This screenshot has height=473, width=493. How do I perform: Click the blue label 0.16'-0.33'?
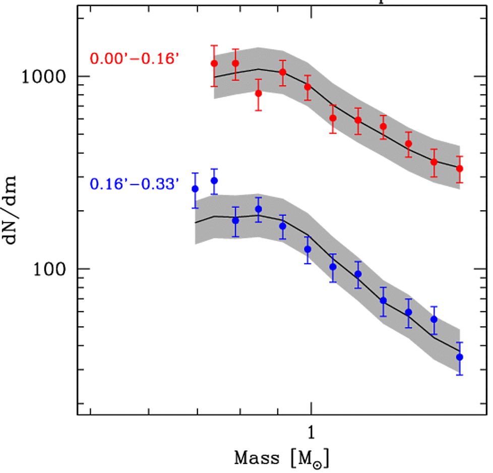coord(135,185)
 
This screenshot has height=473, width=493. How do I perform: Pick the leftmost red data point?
coord(214,64)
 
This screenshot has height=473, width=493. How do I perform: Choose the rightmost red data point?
coord(459,168)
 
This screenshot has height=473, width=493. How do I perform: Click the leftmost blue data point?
coord(195,189)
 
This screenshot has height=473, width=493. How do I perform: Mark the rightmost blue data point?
coord(459,357)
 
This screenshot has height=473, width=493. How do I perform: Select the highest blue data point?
coord(214,181)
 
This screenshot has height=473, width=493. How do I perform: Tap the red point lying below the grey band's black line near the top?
coord(259,93)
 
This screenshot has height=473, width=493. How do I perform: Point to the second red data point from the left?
coord(235,64)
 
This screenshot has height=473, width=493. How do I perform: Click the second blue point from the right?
coord(434,319)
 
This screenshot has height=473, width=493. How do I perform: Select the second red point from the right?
coord(434,162)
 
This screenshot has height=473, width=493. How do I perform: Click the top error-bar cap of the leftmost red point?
coord(214,45)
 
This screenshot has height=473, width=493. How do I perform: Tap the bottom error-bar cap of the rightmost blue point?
coord(459,375)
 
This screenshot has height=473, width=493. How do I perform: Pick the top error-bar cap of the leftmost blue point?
coord(195,173)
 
